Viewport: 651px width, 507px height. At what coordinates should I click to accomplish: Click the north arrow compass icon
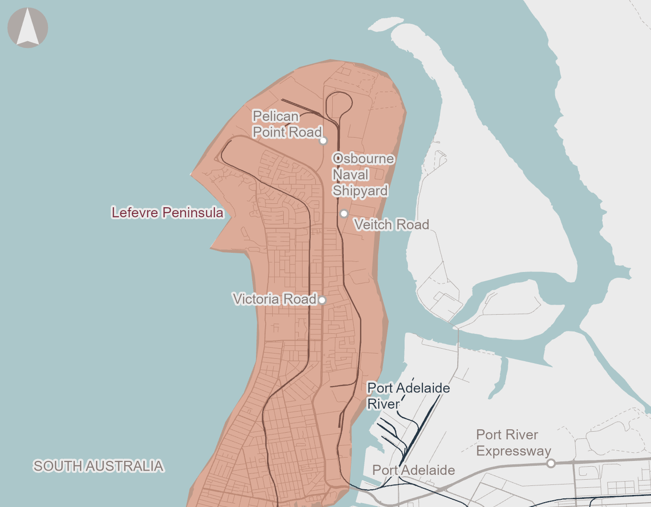[28, 28]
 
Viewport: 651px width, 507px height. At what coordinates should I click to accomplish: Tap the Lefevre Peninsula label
[167, 212]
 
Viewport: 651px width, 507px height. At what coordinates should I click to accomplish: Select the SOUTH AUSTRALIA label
[98, 466]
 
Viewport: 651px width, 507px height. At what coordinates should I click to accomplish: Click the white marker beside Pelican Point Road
[323, 141]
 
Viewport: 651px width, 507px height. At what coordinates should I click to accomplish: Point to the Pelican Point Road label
[287, 124]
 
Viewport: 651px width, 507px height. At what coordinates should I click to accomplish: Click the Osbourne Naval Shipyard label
[362, 175]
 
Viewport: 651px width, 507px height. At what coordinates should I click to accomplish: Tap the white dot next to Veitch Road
[344, 213]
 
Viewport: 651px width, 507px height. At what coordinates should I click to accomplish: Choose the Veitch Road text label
[391, 224]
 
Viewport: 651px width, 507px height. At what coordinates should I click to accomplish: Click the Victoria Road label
[274, 299]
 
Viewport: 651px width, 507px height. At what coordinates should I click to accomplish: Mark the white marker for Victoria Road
[322, 300]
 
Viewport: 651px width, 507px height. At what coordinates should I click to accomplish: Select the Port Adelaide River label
[408, 396]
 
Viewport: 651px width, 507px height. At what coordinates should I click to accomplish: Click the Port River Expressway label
[513, 443]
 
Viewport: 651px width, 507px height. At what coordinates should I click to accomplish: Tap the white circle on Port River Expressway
[551, 463]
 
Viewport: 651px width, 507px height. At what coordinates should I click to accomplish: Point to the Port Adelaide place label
[413, 470]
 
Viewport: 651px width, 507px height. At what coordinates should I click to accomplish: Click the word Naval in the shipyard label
[350, 175]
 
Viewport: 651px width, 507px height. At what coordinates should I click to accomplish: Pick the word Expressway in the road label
[513, 451]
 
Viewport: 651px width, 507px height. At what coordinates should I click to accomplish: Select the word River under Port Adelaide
[383, 404]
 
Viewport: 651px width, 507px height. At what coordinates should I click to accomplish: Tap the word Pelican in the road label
[276, 116]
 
